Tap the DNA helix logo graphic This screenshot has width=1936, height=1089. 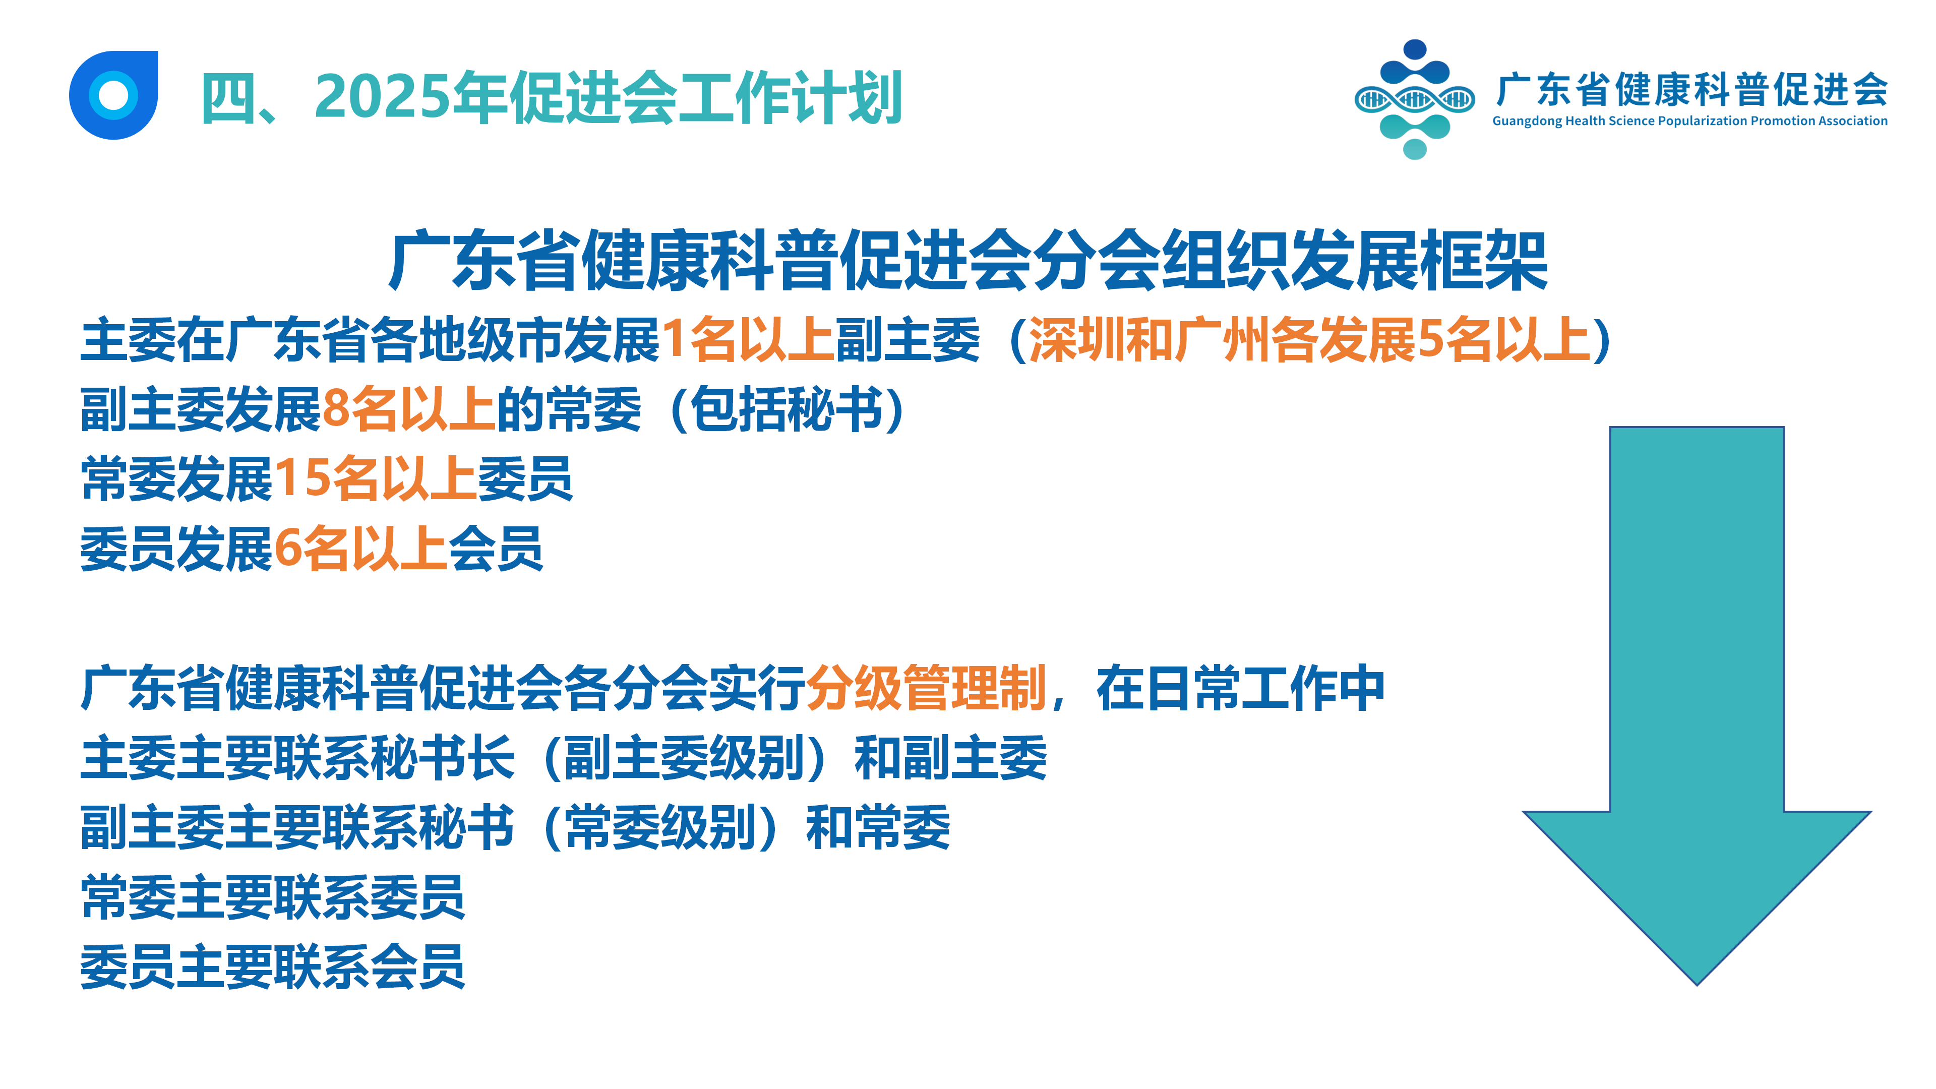click(x=1414, y=99)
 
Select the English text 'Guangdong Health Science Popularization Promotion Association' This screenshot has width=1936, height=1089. click(x=1689, y=121)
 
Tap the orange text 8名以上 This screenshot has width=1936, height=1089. click(x=408, y=409)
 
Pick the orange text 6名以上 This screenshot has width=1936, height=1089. click(x=361, y=549)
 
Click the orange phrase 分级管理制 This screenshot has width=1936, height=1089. click(x=926, y=688)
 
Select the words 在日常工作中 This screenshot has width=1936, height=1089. click(x=1240, y=688)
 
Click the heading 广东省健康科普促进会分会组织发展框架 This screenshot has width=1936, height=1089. click(x=968, y=260)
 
